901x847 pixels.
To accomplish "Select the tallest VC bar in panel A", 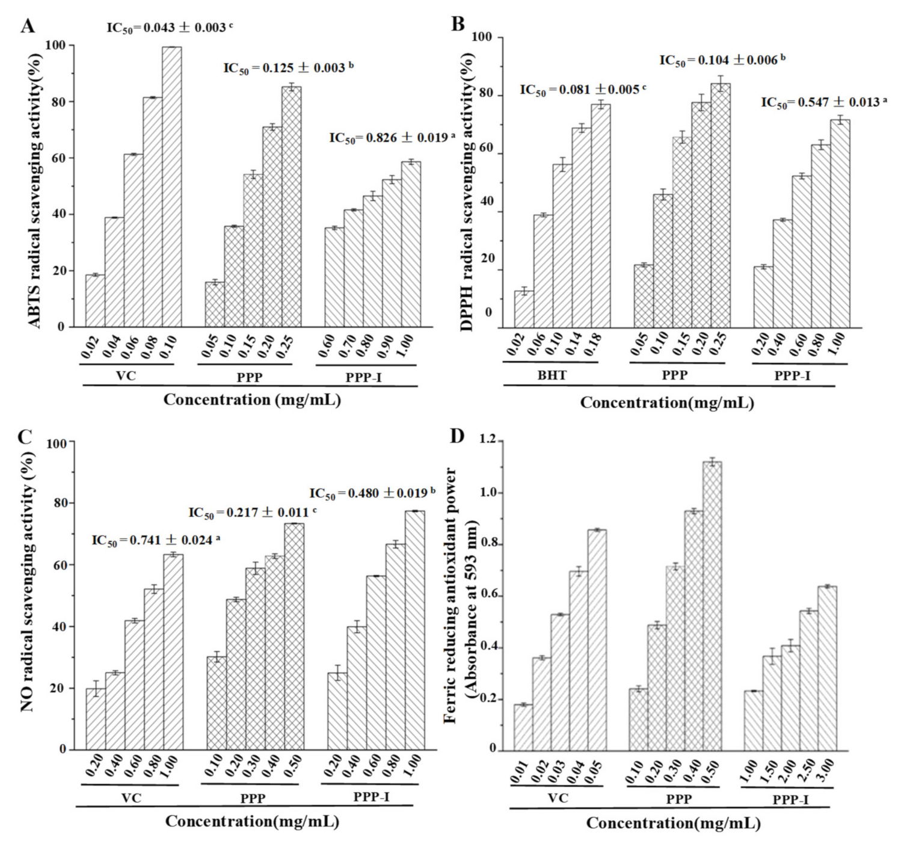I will click(x=171, y=186).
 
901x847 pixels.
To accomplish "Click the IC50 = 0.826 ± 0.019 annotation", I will click(x=391, y=138).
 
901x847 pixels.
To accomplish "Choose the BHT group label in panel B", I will click(x=552, y=376).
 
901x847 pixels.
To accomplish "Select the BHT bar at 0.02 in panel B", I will click(x=524, y=309).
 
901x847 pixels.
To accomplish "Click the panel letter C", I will click(x=25, y=436).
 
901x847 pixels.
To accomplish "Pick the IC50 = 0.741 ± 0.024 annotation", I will click(x=155, y=540).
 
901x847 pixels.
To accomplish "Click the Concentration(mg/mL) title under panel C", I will click(x=252, y=821).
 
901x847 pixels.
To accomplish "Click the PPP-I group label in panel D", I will click(x=790, y=799).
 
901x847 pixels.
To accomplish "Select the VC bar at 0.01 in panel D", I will click(x=523, y=727).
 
